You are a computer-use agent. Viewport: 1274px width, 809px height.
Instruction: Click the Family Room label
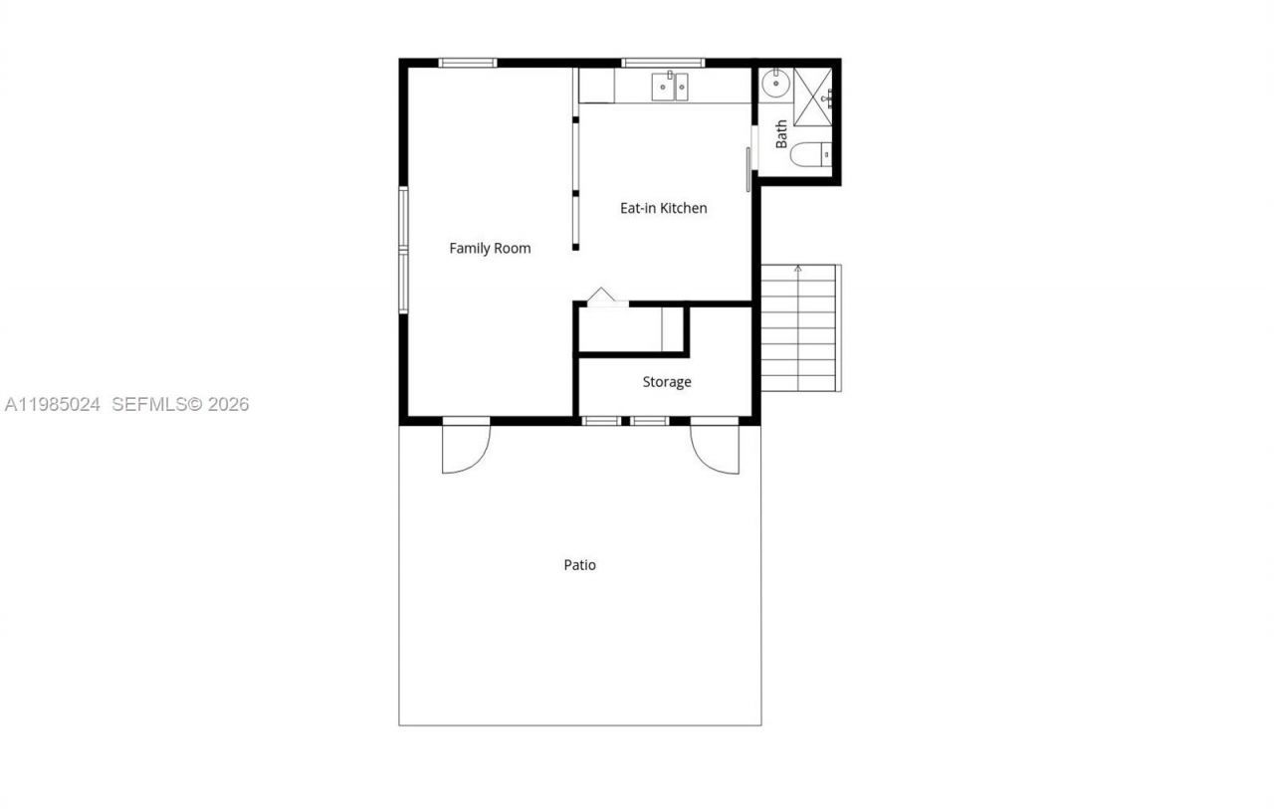point(490,249)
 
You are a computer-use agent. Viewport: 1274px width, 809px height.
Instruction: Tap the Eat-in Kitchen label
point(663,208)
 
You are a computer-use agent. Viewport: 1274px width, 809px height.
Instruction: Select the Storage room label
point(666,382)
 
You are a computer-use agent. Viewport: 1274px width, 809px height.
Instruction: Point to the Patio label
point(579,565)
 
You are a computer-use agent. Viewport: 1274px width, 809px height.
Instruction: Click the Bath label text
point(782,133)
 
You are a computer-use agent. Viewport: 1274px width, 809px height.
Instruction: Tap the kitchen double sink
point(670,88)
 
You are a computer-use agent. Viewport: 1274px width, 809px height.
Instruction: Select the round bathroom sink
point(774,87)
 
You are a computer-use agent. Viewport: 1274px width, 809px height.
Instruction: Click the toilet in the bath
point(811,155)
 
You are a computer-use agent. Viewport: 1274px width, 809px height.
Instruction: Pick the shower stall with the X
point(812,99)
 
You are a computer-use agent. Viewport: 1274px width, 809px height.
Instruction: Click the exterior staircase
point(799,328)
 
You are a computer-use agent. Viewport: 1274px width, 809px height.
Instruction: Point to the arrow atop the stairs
point(797,269)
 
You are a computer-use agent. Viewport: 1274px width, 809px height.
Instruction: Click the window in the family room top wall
point(468,63)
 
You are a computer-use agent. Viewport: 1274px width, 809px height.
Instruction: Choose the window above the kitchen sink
point(663,63)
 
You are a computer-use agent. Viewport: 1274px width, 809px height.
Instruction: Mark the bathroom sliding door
point(748,169)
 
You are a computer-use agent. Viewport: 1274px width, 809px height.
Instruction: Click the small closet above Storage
point(630,329)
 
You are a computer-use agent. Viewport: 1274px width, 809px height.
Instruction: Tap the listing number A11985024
point(53,405)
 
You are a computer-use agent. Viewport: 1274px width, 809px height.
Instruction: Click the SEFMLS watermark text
point(180,405)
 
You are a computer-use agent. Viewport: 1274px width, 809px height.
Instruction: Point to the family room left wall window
point(403,250)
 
